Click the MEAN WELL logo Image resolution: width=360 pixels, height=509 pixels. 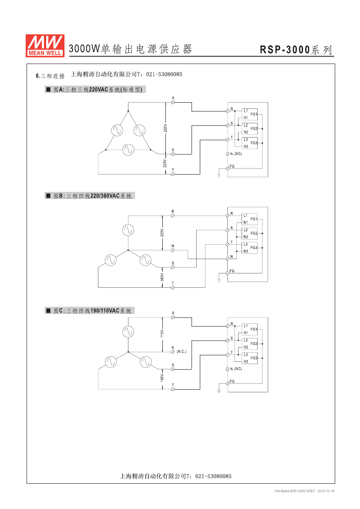(45, 46)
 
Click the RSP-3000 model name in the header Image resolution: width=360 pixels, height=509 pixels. (285, 50)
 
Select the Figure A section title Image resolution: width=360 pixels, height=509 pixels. (95, 89)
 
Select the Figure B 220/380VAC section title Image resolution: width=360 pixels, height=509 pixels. (90, 196)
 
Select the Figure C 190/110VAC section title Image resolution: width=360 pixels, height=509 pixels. (90, 310)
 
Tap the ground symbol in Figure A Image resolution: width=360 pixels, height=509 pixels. (219, 175)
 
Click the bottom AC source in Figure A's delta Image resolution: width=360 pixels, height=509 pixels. (128, 150)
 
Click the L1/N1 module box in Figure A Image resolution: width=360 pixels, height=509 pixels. (249, 114)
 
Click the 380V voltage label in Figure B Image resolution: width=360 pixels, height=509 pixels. (162, 277)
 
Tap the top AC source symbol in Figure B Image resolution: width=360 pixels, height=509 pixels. (128, 230)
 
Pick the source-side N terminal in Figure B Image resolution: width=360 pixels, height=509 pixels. (173, 250)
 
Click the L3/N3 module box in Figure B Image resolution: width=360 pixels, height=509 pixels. (249, 248)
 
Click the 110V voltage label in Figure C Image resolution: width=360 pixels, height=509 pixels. (162, 334)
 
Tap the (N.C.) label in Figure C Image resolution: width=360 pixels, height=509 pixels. (182, 351)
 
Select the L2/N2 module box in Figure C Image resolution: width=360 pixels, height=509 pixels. (249, 344)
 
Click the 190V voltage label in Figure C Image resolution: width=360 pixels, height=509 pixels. (162, 378)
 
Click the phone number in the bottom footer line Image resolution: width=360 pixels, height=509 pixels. (213, 476)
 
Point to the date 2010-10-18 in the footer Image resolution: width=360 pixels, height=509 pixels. (326, 491)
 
